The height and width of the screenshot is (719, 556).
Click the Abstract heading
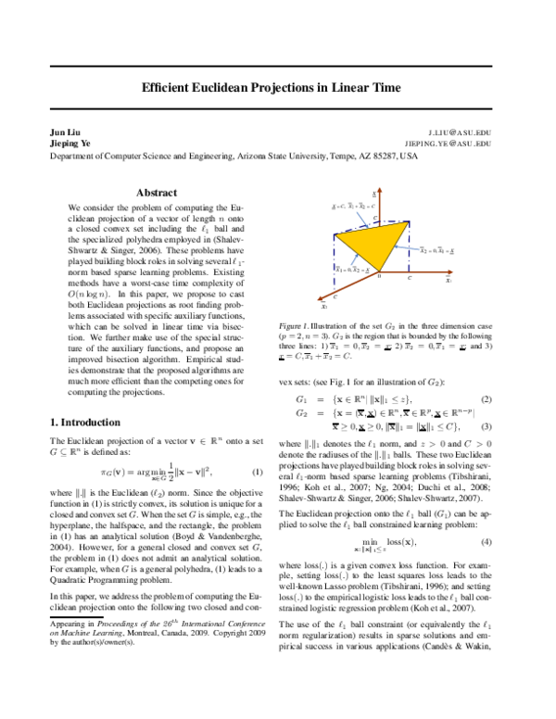tap(157, 193)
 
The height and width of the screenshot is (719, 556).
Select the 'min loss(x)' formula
tap(393, 539)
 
